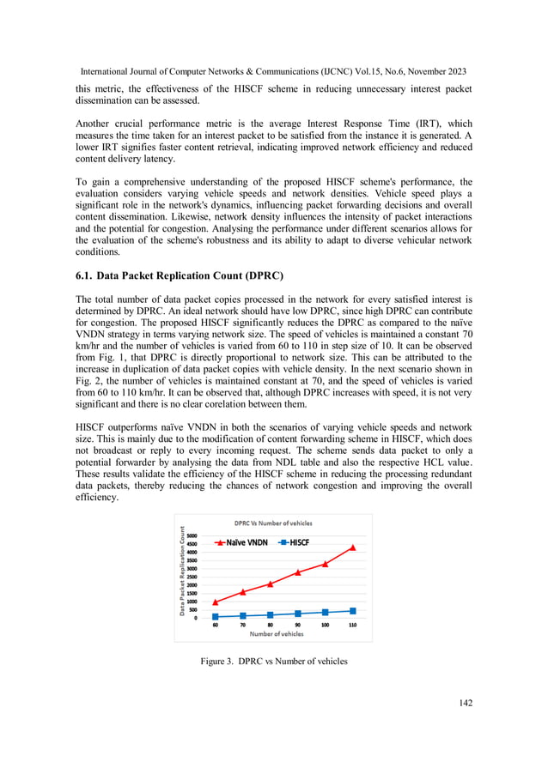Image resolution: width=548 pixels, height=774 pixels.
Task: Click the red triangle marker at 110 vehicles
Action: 352,547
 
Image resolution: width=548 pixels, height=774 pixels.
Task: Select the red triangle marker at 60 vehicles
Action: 216,602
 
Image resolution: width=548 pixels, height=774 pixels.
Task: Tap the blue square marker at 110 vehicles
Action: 352,611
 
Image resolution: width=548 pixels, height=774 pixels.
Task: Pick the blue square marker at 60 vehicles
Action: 216,617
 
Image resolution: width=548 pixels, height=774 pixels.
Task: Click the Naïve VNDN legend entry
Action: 242,543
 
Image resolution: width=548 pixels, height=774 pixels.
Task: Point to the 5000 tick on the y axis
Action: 193,535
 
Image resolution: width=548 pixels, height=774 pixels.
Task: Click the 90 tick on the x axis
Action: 297,626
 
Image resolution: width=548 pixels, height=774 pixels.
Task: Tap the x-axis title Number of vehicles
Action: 277,634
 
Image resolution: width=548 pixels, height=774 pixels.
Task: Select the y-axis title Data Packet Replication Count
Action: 182,572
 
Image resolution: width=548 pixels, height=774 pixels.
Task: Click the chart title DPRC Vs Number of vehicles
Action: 273,523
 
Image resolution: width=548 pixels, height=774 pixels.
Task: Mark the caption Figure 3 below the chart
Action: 274,661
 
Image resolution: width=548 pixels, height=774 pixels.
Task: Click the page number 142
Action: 465,704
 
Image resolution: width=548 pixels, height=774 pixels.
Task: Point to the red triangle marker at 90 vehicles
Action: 297,572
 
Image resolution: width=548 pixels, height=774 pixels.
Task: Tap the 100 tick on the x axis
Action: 325,626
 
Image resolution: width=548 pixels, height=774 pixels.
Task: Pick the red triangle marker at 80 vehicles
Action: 270,584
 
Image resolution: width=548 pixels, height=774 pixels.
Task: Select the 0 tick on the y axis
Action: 197,618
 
